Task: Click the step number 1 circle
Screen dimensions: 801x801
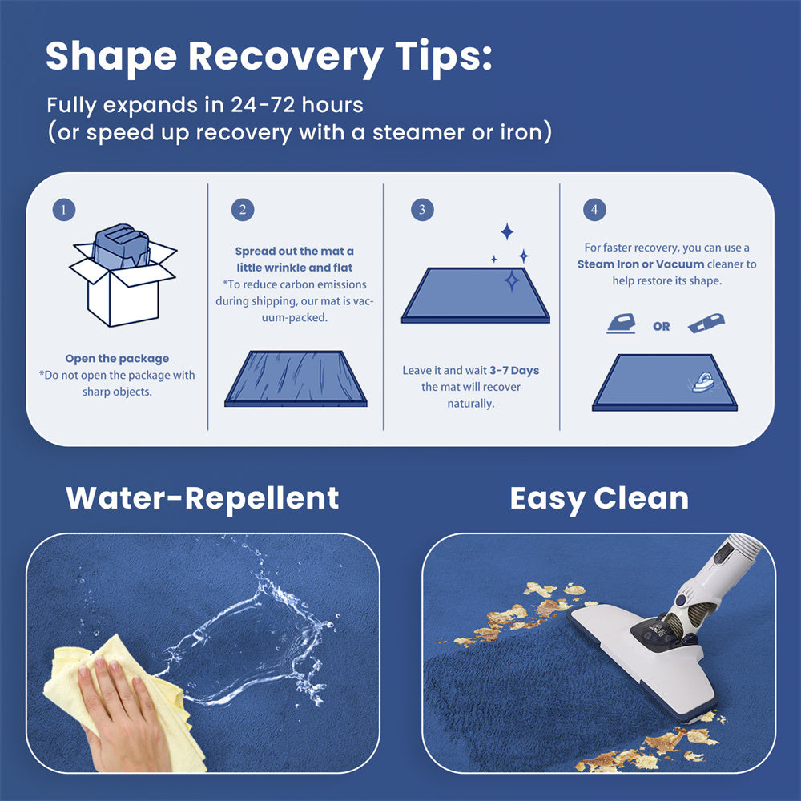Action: click(x=64, y=209)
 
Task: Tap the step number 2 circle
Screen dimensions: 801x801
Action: click(x=243, y=209)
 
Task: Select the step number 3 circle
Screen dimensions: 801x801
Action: click(x=422, y=209)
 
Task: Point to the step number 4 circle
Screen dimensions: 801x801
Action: click(x=594, y=209)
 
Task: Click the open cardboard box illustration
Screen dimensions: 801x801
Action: click(x=123, y=275)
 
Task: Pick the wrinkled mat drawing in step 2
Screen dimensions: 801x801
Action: click(x=296, y=379)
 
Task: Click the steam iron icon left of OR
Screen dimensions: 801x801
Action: click(x=622, y=324)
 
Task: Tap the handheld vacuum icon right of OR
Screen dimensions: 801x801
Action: click(x=706, y=323)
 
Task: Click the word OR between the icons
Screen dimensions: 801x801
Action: click(x=662, y=327)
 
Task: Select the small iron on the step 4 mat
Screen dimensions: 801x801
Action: click(x=703, y=381)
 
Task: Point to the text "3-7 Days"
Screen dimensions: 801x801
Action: click(x=514, y=370)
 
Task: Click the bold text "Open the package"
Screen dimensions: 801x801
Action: click(x=117, y=359)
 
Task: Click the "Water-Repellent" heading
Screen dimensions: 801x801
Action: click(x=203, y=498)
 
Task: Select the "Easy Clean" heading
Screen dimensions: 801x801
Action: click(x=599, y=498)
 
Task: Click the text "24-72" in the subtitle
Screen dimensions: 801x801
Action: click(x=263, y=105)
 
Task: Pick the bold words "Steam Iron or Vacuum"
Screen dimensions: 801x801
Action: click(x=641, y=264)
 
